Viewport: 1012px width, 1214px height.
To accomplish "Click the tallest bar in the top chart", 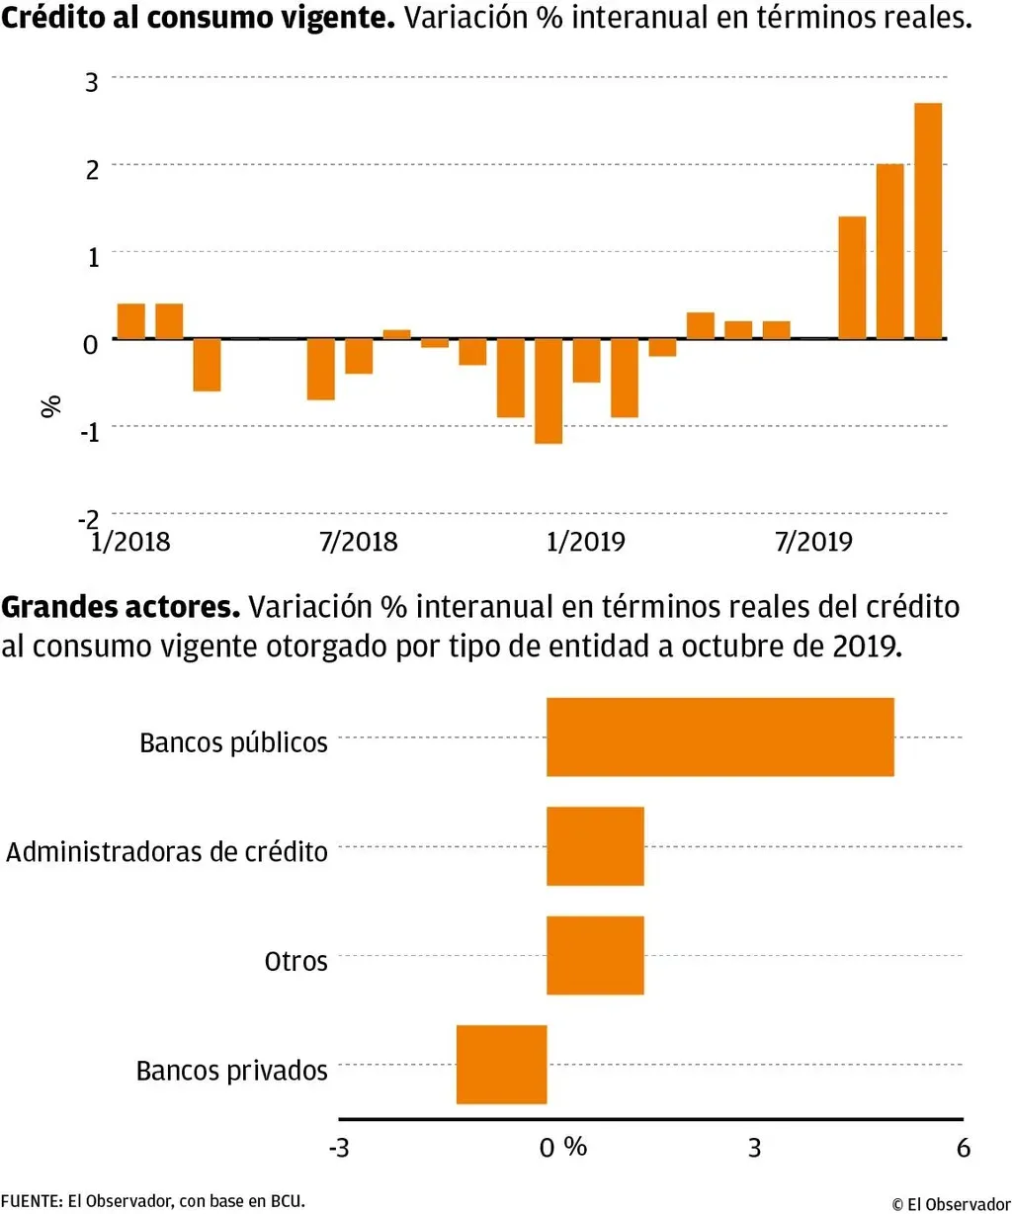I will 928,220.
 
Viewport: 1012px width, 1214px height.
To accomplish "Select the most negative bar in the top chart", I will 548,391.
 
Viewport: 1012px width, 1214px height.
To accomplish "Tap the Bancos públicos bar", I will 719,737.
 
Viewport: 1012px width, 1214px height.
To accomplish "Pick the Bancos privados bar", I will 501,1064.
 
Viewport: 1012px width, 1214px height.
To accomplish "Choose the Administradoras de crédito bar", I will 595,846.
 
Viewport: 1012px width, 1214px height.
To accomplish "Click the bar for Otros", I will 595,955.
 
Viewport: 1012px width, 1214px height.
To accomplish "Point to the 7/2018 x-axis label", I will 358,542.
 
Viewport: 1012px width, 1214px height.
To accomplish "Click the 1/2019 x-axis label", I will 585,542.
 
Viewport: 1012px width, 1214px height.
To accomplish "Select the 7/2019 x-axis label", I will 812,542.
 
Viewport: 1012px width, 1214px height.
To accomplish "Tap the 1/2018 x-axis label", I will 130,542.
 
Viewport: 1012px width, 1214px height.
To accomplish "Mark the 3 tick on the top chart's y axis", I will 92,82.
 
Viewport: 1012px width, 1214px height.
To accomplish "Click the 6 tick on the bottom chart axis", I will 964,1148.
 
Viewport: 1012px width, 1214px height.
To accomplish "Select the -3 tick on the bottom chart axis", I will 339,1148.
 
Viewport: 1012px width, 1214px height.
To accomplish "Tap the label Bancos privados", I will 231,1071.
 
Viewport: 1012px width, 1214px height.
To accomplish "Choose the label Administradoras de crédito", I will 167,852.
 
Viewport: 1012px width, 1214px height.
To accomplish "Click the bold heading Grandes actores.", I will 121,607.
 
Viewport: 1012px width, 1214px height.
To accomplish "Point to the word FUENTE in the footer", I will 31,1201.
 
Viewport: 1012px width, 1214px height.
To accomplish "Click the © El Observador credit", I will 951,1203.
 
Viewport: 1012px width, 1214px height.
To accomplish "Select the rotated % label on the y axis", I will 51,405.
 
